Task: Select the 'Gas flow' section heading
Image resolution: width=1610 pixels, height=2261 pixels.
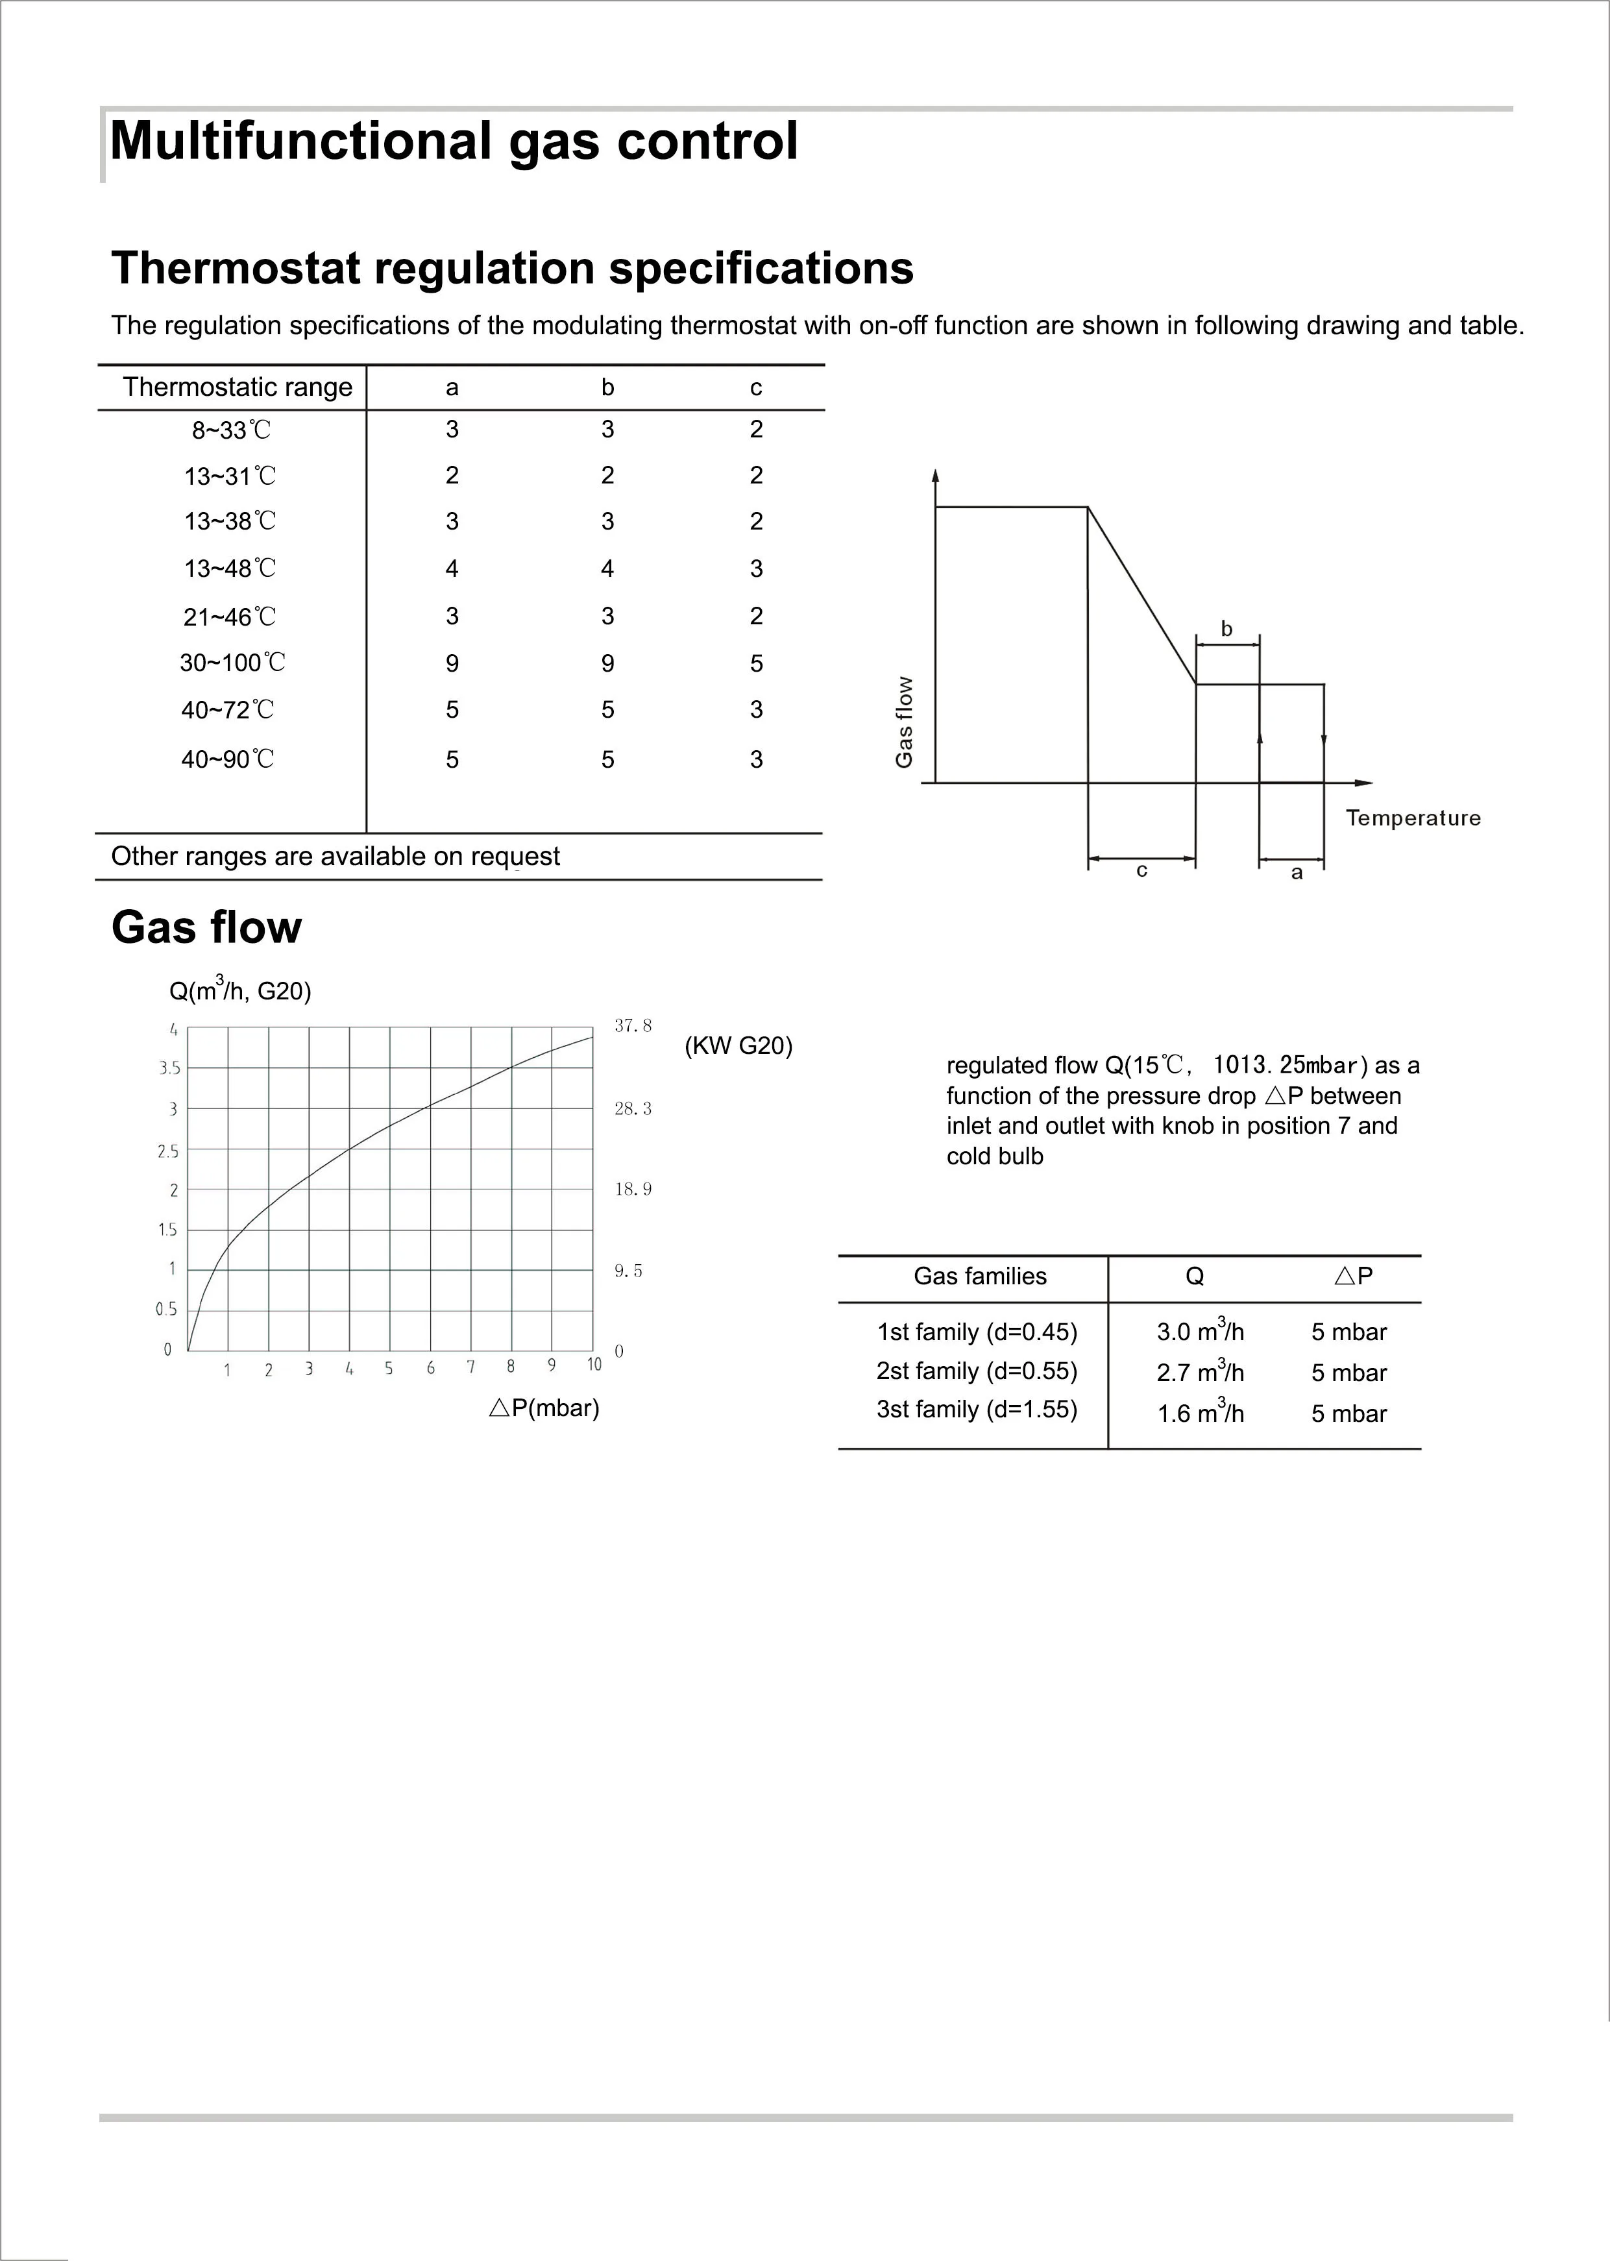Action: tap(206, 928)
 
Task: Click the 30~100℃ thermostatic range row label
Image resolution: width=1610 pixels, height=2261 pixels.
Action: tap(232, 662)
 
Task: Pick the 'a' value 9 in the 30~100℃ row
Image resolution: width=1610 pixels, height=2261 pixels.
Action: tap(452, 663)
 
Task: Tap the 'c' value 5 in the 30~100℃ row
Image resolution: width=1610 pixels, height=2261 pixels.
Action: tap(757, 663)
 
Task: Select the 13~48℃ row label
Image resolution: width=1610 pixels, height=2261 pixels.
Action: tap(230, 568)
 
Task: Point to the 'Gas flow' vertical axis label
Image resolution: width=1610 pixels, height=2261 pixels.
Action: tap(903, 722)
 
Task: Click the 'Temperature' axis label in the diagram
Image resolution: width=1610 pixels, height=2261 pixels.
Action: tap(1413, 818)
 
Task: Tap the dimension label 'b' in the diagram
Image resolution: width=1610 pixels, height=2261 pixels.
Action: tap(1226, 628)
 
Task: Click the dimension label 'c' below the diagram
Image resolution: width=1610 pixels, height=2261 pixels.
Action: tap(1141, 870)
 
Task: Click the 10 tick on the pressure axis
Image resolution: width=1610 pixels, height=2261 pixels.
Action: tap(594, 1365)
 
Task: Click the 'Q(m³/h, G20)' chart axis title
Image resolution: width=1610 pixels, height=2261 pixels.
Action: tap(240, 990)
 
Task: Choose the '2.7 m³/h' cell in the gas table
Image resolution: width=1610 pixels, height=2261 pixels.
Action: tap(1200, 1372)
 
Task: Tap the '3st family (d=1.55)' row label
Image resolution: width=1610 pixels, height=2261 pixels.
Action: tap(977, 1410)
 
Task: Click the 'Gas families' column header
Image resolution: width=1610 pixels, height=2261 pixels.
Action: tap(979, 1276)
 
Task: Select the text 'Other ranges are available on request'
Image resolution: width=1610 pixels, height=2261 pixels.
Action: tap(335, 857)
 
